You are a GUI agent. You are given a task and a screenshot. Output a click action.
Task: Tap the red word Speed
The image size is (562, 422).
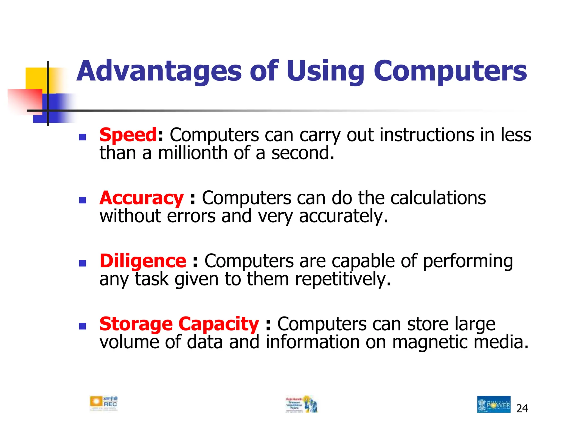(128, 135)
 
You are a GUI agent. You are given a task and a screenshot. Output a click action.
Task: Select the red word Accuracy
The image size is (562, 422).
(141, 198)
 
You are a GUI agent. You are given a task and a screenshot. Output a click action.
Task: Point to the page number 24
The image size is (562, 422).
(522, 409)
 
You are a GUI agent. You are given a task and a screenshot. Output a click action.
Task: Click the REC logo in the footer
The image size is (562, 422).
(104, 403)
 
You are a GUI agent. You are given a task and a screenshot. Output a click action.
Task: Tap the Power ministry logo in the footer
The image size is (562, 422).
(494, 404)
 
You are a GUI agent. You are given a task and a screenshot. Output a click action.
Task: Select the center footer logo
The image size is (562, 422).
(302, 404)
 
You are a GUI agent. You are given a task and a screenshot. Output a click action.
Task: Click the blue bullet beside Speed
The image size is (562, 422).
(82, 137)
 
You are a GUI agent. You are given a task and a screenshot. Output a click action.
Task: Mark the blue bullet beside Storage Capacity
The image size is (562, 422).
(82, 326)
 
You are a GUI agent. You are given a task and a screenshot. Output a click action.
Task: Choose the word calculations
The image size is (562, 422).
(438, 198)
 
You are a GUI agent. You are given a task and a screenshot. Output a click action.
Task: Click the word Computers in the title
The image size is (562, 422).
(450, 71)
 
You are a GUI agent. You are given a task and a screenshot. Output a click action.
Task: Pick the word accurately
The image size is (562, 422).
(343, 216)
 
